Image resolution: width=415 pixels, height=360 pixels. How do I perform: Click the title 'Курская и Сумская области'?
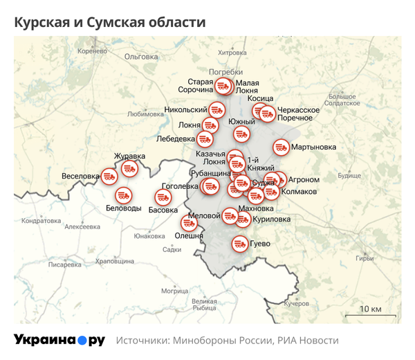(x=110, y=22)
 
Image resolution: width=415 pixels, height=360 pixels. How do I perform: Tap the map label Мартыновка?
(x=313, y=147)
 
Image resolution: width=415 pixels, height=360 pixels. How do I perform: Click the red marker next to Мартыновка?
(x=281, y=147)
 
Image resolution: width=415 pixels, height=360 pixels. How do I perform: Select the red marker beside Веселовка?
(x=109, y=176)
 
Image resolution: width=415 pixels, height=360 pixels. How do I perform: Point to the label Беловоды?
(x=124, y=208)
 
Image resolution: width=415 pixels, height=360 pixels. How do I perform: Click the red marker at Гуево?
(x=240, y=244)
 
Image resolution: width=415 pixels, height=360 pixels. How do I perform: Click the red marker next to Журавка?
(x=129, y=168)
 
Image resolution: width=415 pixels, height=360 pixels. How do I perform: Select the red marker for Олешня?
(x=187, y=223)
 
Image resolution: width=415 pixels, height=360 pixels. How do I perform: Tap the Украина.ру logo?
(x=59, y=340)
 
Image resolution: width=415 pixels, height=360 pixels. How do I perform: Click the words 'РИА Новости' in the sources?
(x=308, y=341)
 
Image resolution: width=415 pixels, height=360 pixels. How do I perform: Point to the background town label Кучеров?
(x=296, y=304)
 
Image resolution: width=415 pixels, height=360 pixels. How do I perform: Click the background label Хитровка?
(x=232, y=53)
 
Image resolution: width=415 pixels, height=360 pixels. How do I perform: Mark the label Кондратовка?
(x=43, y=221)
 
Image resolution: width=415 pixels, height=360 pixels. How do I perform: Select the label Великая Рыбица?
(x=204, y=305)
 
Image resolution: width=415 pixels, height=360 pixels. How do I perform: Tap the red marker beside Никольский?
(x=216, y=109)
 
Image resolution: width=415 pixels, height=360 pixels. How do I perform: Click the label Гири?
(x=365, y=258)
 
